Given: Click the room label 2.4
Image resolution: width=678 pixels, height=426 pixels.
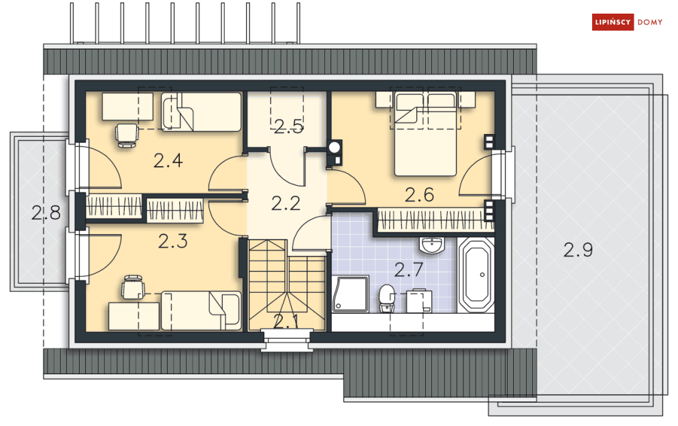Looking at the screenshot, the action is click(x=168, y=161).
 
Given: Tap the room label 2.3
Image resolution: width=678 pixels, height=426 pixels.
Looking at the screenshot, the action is click(x=172, y=242).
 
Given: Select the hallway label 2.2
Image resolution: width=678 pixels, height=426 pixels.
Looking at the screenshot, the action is click(x=286, y=203).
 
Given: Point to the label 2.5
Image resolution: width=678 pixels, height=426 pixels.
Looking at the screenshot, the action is click(x=288, y=126).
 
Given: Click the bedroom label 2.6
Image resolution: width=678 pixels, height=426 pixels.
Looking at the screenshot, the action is click(x=420, y=195).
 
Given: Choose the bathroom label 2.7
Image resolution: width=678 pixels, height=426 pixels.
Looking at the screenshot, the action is click(x=409, y=269).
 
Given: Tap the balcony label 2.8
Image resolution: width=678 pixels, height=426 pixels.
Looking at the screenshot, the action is click(x=46, y=213).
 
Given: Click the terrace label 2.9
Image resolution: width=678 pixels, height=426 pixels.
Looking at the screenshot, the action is click(x=578, y=250).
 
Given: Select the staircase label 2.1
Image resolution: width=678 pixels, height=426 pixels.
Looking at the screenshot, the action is click(x=286, y=322).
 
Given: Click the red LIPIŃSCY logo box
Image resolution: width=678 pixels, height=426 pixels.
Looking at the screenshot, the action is click(x=613, y=22).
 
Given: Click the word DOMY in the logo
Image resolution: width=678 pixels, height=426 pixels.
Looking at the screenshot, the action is click(x=650, y=22).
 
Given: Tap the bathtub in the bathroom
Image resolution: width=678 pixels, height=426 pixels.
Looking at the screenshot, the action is click(x=476, y=274).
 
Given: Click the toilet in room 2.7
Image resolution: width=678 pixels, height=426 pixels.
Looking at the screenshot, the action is click(x=387, y=298).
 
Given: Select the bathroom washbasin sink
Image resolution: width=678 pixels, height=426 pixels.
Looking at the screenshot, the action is click(x=431, y=245).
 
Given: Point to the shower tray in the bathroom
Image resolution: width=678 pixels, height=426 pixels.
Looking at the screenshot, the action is click(x=351, y=294).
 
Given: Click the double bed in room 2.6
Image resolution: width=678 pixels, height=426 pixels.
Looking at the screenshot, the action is click(x=425, y=134).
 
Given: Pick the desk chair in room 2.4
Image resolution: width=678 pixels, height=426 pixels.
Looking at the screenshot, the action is click(x=127, y=135).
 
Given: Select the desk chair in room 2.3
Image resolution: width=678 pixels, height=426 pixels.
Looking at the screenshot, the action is click(x=133, y=287).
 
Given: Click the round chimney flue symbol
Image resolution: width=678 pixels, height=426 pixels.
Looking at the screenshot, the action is click(x=335, y=147).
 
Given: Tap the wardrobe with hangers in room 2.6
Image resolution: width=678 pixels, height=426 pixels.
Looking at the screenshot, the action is click(x=435, y=220).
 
